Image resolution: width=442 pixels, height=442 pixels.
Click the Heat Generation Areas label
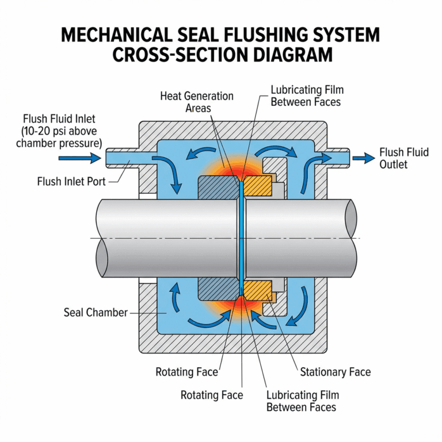coord(197,101)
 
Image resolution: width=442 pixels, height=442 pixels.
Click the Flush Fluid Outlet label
coord(404,158)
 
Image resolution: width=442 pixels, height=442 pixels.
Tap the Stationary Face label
coord(336,372)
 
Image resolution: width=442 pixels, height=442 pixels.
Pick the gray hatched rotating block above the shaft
coord(217,188)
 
